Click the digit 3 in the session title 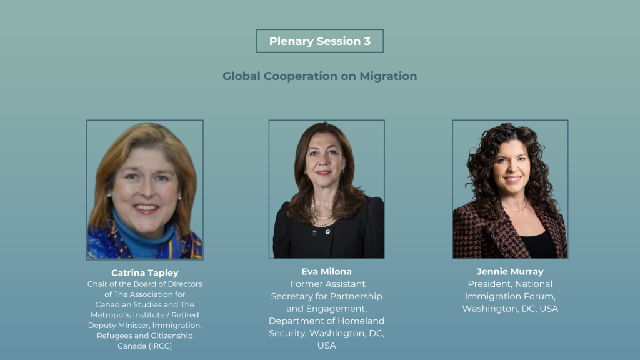click(367, 41)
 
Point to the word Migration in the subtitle click(388, 76)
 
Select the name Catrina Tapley click(145, 273)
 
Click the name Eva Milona click(326, 272)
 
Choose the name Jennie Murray click(510, 272)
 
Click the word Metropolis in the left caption click(109, 315)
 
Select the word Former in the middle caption click(305, 284)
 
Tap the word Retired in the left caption click(185, 315)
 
